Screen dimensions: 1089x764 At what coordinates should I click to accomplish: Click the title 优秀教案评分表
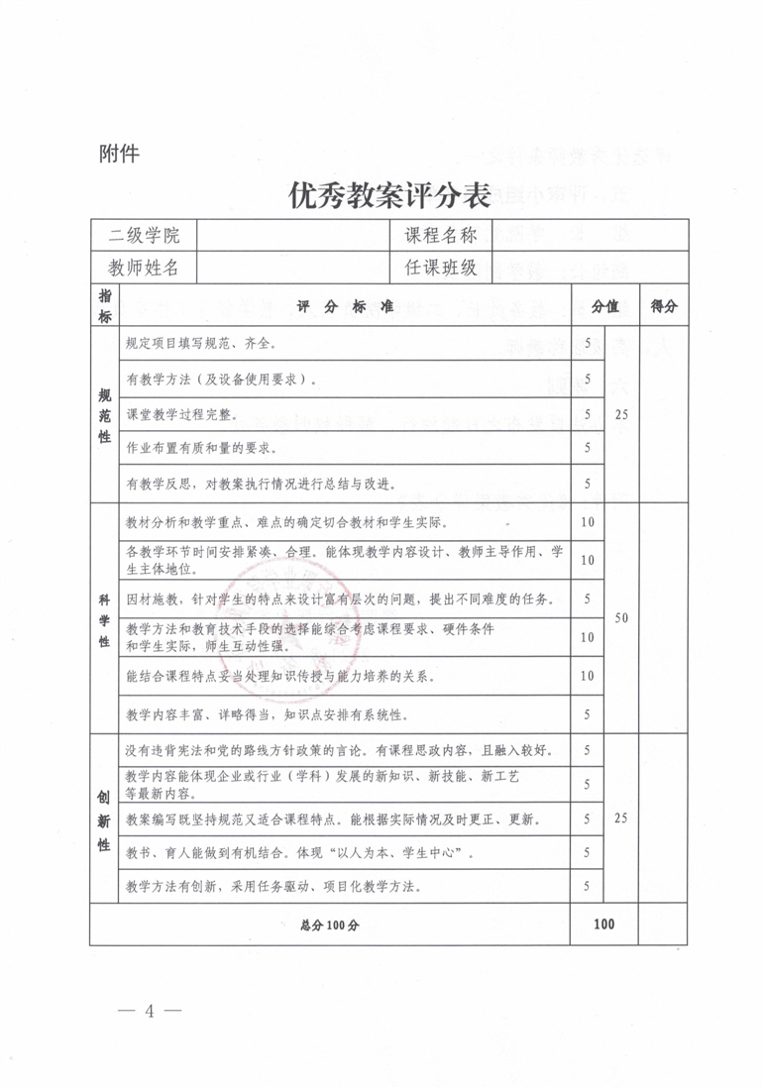pyautogui.click(x=389, y=195)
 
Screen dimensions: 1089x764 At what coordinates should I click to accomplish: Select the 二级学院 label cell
pyautogui.click(x=144, y=236)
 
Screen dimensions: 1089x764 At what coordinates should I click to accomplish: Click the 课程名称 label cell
pyautogui.click(x=441, y=236)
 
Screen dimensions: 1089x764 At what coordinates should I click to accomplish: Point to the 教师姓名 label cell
pyautogui.click(x=144, y=268)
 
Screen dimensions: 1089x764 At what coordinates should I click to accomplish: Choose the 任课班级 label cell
pyautogui.click(x=441, y=268)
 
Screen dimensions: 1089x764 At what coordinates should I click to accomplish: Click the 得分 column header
pyautogui.click(x=663, y=307)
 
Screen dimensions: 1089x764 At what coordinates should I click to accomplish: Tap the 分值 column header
pyautogui.click(x=604, y=307)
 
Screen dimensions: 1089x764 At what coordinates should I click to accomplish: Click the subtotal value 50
pyautogui.click(x=620, y=618)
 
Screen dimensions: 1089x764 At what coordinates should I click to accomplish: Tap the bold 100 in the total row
pyautogui.click(x=603, y=925)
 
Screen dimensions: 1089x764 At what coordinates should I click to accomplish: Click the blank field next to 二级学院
pyautogui.click(x=293, y=236)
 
